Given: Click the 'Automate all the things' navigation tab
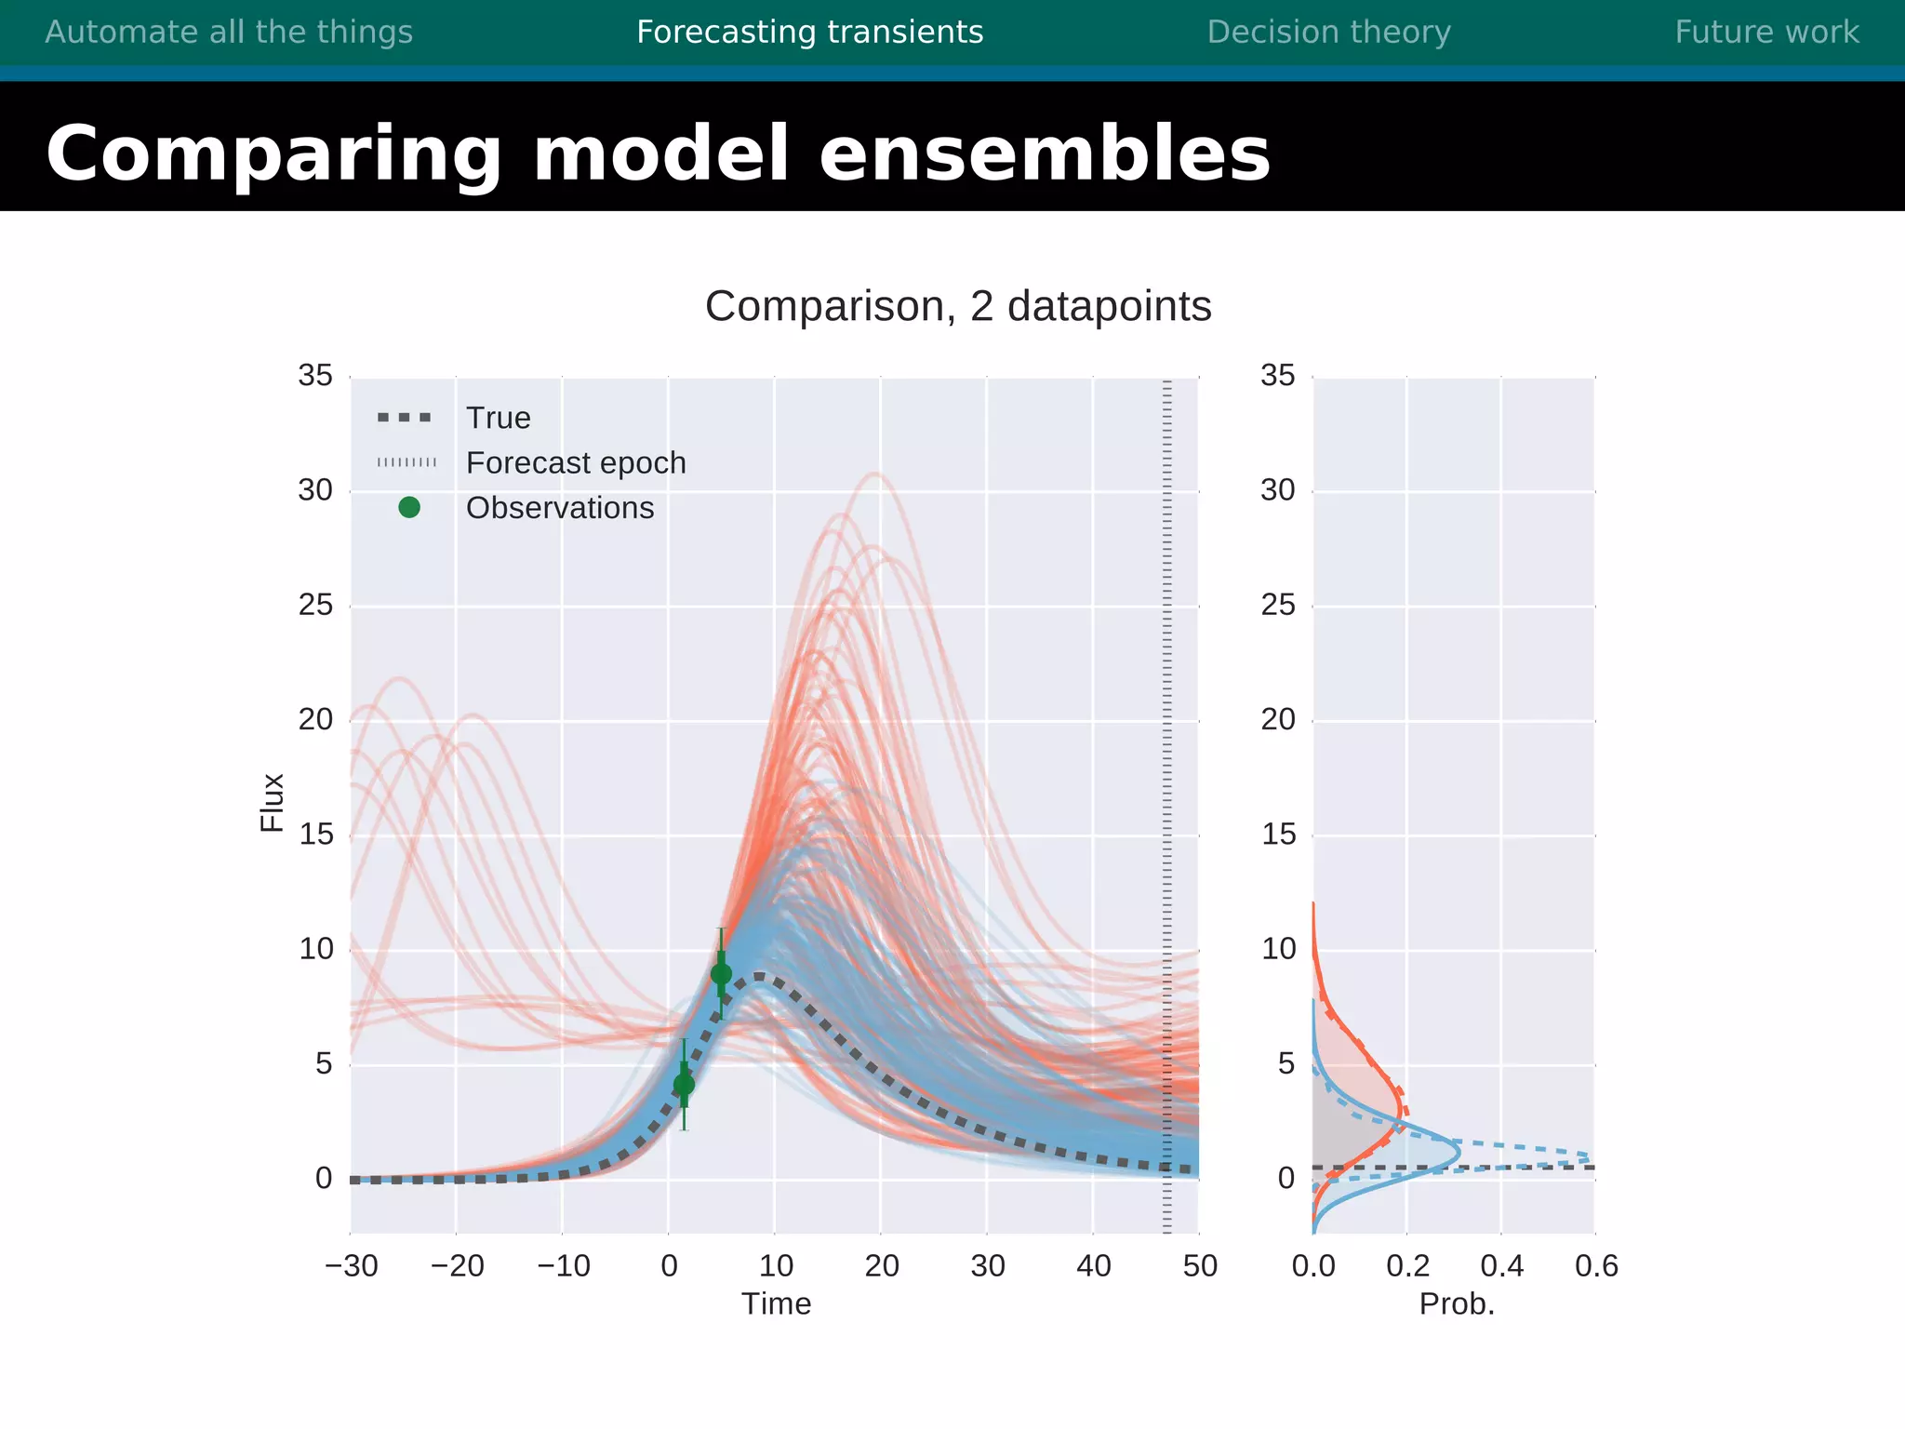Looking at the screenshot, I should click(x=229, y=33).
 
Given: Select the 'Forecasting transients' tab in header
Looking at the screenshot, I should click(x=809, y=33).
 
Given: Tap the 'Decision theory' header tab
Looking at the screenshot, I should click(x=1328, y=33).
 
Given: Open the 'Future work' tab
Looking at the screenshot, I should click(x=1766, y=33).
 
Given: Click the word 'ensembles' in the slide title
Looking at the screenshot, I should click(x=1044, y=154).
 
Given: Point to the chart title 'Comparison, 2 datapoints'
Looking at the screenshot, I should click(x=958, y=306).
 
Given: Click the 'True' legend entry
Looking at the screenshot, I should click(x=498, y=418).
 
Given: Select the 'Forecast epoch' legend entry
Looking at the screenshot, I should click(x=575, y=462).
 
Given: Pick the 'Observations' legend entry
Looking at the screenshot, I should click(x=559, y=508).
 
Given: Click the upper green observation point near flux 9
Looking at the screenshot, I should click(x=721, y=974).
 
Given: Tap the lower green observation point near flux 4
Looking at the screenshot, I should click(x=684, y=1084).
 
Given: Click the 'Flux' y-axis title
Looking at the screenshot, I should click(x=272, y=802).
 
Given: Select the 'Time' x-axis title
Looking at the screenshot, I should click(x=776, y=1303).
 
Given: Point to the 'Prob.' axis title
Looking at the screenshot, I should click(x=1456, y=1303).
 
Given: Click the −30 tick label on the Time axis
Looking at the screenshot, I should click(x=352, y=1265).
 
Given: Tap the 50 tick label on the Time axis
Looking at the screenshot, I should click(x=1200, y=1265).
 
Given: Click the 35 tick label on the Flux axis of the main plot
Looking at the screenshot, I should click(x=315, y=375).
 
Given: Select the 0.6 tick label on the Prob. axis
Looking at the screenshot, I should click(x=1596, y=1265).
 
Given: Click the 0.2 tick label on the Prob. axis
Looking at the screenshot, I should click(x=1407, y=1265).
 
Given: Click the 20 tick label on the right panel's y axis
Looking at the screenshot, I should click(x=1278, y=719).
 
